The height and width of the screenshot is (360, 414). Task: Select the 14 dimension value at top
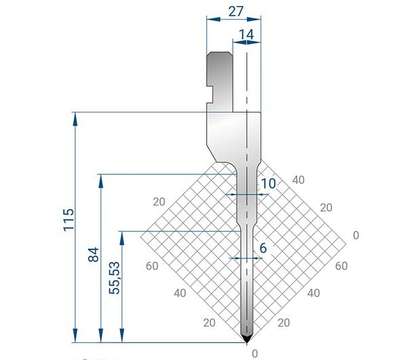click(x=246, y=34)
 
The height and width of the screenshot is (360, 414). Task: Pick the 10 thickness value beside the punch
click(x=268, y=183)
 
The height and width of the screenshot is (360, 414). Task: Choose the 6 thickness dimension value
click(x=263, y=248)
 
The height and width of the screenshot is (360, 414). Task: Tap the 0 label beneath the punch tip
click(x=255, y=353)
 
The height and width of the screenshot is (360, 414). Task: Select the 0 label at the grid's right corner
click(x=356, y=235)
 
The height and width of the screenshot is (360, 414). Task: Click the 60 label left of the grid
click(x=151, y=266)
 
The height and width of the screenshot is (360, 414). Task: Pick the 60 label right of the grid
click(x=341, y=266)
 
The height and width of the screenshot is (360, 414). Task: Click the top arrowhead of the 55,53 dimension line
click(x=122, y=237)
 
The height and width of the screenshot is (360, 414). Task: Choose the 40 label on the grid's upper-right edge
click(x=298, y=180)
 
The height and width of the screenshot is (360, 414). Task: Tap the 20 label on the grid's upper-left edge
click(x=159, y=201)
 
